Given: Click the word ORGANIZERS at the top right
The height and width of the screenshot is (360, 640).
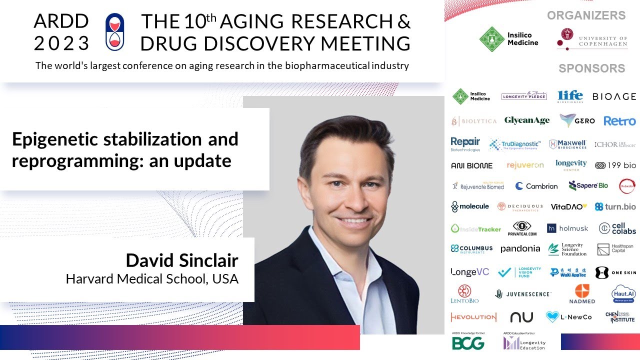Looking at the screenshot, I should (586, 15).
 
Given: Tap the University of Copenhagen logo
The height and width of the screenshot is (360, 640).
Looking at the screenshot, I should (592, 38).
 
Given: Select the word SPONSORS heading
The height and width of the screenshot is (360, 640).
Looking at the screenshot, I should (591, 68).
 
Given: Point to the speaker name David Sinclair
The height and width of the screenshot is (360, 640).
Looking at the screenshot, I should (182, 260).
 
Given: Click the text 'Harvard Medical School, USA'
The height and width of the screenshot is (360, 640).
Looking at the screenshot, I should (152, 278).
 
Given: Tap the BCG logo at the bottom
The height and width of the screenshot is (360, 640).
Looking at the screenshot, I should (468, 342).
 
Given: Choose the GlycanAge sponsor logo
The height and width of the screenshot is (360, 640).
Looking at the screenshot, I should (526, 120).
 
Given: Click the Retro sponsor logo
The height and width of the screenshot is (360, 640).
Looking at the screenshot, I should (619, 121).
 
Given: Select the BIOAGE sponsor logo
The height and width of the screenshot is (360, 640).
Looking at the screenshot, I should (614, 96).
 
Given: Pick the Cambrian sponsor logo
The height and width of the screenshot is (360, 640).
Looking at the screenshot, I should (536, 186).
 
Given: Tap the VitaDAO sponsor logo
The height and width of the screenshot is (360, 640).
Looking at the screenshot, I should (568, 206).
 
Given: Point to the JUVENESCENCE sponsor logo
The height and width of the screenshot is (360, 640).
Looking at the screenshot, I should (523, 294).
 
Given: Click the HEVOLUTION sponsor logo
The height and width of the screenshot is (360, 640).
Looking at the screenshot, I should (473, 317).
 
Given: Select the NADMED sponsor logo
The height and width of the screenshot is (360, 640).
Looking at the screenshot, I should (582, 294).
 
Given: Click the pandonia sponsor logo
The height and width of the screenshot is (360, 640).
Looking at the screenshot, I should (520, 248).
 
